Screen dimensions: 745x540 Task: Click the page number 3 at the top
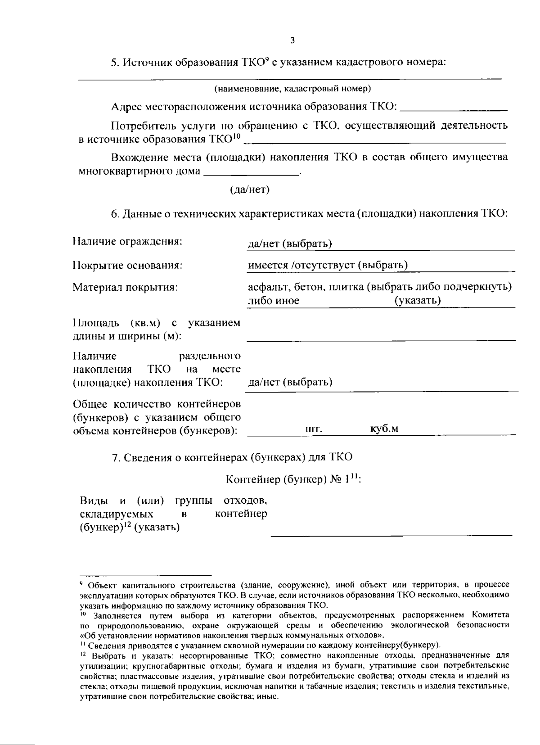(292, 41)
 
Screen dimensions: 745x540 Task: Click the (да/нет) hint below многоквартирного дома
(249, 190)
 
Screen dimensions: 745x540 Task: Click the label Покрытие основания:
(127, 265)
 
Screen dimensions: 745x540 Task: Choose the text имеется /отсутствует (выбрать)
(328, 265)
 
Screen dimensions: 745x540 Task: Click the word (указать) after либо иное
(417, 300)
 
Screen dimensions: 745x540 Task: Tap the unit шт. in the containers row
(314, 429)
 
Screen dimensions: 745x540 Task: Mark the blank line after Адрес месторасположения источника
(454, 109)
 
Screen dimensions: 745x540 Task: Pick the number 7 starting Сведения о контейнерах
(114, 457)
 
